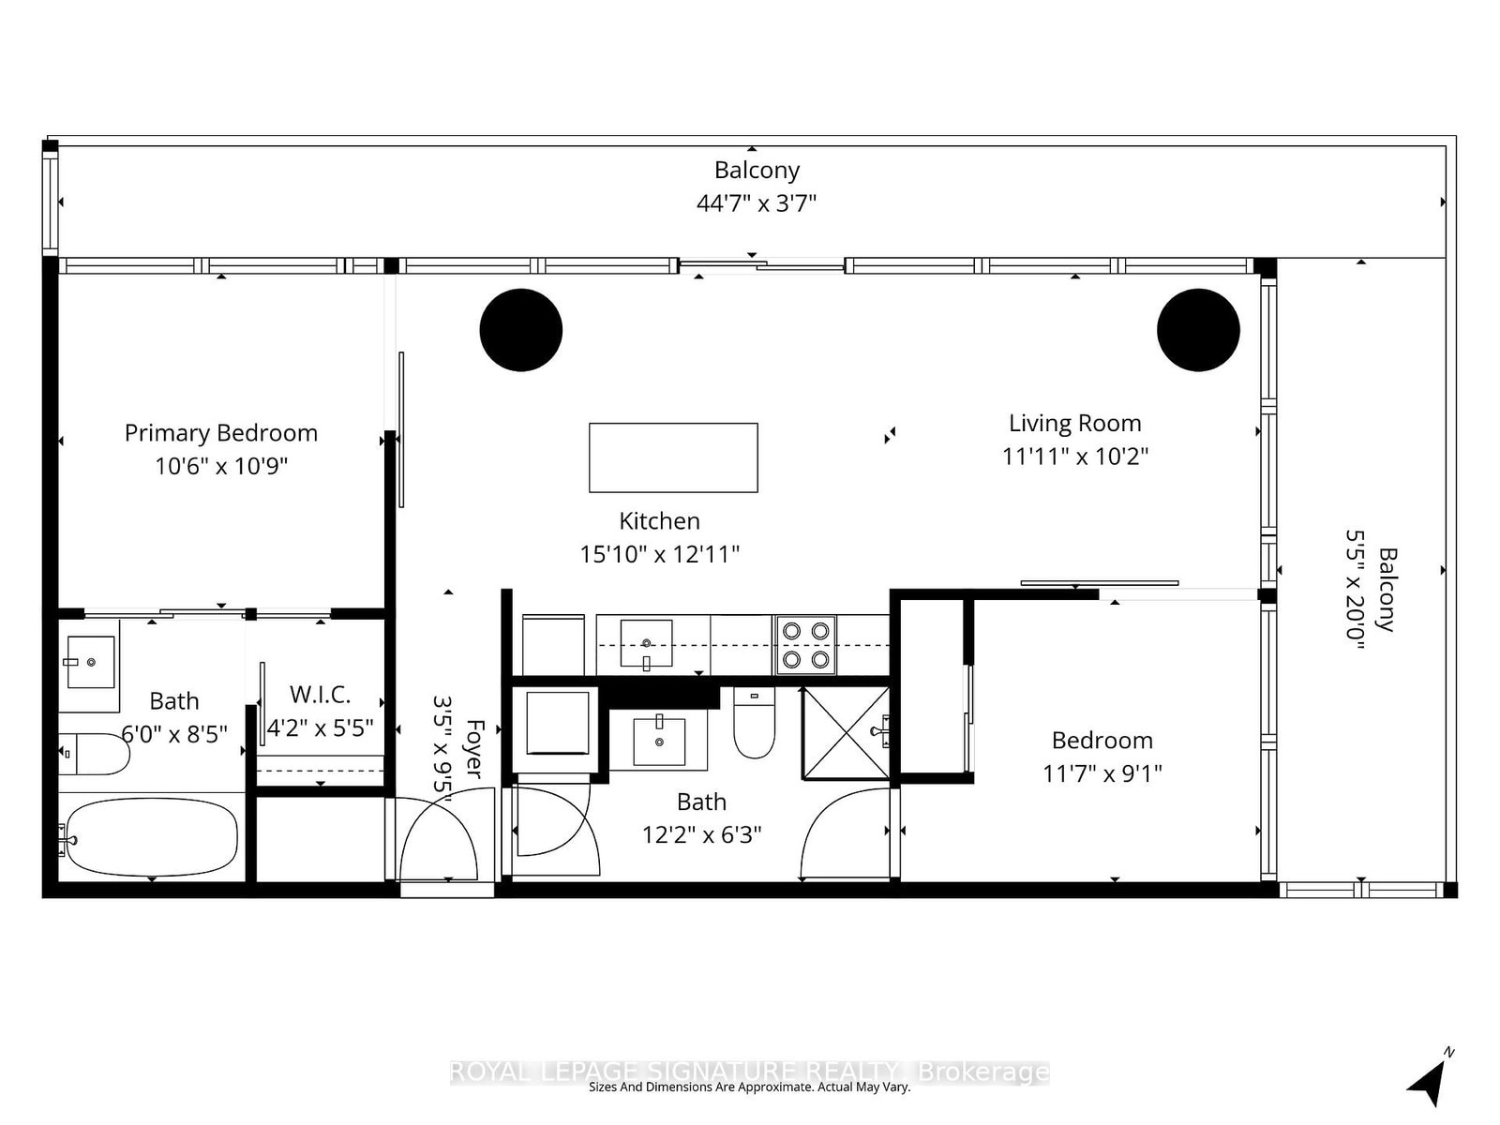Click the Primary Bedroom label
tap(220, 433)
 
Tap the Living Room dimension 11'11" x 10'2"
tap(1074, 457)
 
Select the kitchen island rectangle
tap(673, 457)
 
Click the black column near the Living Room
tap(1198, 330)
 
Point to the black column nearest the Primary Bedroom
tap(521, 330)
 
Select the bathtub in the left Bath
tap(150, 837)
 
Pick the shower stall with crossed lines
tap(845, 733)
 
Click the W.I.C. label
tap(320, 695)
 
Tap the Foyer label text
tap(474, 748)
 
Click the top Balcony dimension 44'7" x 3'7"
tap(756, 203)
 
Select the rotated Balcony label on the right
tap(1387, 591)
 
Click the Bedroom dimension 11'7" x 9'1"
tap(1102, 773)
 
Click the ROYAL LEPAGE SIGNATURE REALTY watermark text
tap(750, 1071)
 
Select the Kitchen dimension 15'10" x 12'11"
tap(659, 554)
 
